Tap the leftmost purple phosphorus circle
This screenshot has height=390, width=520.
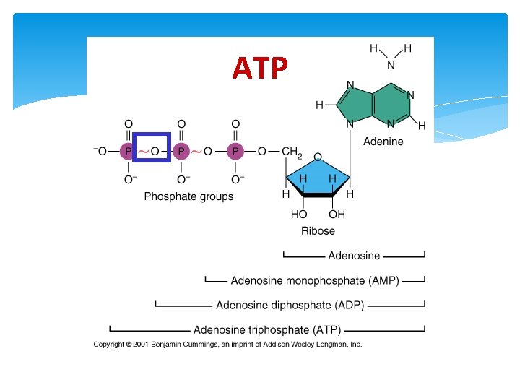coord(128,152)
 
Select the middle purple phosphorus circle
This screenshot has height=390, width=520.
coord(181,152)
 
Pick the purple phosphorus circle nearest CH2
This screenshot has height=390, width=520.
coord(235,152)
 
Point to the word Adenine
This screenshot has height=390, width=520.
coord(383,142)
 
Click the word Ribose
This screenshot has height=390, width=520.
coord(318,231)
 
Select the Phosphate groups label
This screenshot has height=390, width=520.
coord(188,196)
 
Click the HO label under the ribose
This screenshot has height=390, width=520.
coord(299,214)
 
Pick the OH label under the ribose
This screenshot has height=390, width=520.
coord(337,214)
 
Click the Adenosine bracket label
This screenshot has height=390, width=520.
coord(354,256)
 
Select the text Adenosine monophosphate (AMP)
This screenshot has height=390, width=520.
coord(315,280)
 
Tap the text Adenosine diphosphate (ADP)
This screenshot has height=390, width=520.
coord(290,305)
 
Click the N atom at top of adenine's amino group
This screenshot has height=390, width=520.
coord(391,66)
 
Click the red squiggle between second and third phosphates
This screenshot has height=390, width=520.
coord(196,152)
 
